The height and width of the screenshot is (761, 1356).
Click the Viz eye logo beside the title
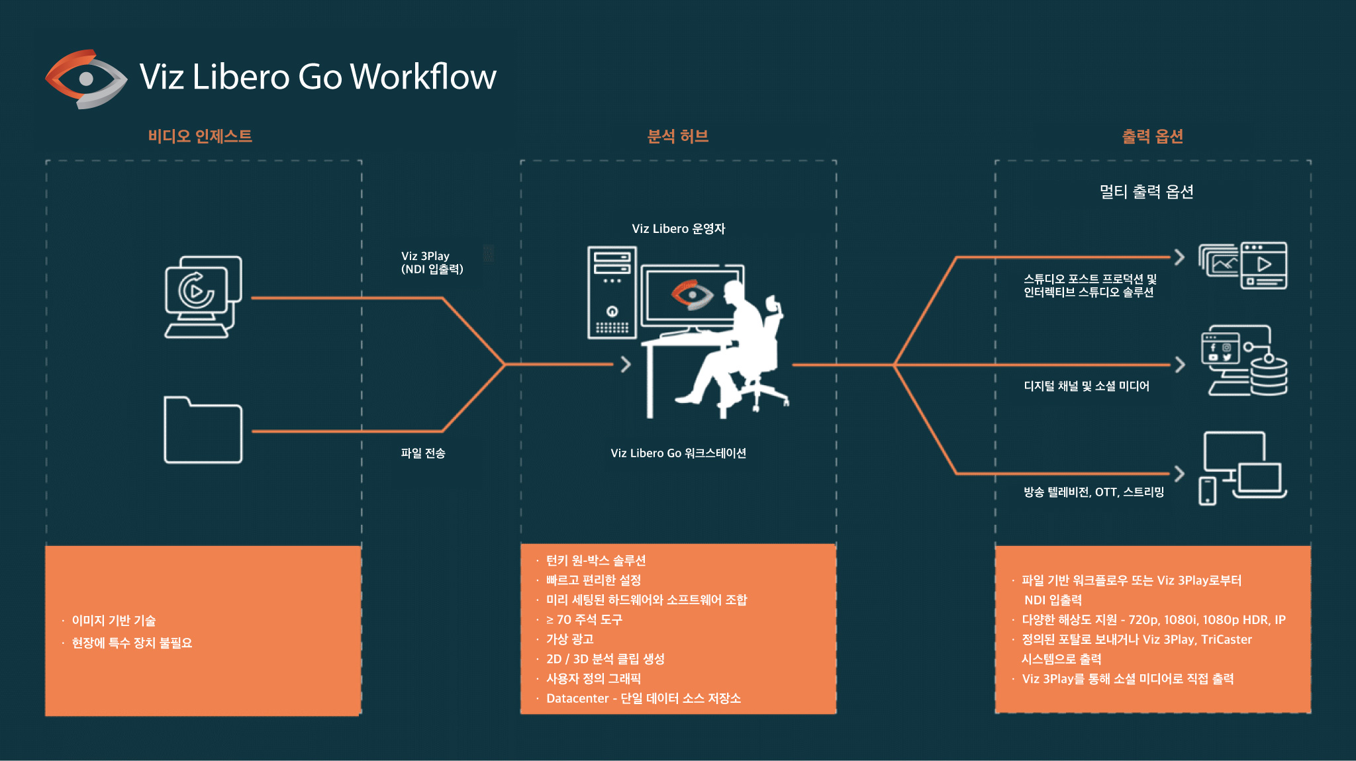[86, 79]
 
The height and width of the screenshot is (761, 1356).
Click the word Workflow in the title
[423, 77]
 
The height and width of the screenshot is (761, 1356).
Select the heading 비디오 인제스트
[200, 136]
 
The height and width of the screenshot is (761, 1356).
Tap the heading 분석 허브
[677, 136]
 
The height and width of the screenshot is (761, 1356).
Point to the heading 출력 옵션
[1152, 136]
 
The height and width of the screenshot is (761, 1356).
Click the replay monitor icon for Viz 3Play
[203, 296]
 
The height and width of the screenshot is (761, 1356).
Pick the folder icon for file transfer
[203, 430]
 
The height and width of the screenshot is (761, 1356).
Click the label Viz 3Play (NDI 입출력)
[432, 263]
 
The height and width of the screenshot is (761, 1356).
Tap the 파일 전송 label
[423, 453]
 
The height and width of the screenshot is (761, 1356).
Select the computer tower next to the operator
[612, 292]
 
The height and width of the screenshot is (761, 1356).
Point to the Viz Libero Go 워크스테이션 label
[678, 453]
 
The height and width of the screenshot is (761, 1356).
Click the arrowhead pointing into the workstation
[626, 364]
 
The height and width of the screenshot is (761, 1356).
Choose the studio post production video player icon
[1243, 265]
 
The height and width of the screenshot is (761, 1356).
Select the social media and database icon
[1243, 361]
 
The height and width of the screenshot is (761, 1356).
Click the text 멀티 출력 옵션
[1146, 192]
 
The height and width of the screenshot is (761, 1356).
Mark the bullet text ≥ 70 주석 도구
[584, 619]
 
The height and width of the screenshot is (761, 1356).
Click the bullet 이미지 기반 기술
[114, 621]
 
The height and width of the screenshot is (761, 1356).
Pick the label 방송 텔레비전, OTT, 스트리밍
[1094, 492]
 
